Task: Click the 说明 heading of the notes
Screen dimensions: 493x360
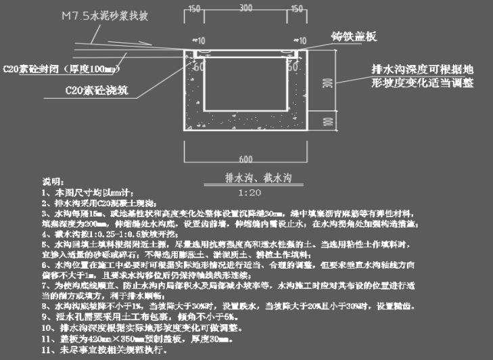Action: coord(51,182)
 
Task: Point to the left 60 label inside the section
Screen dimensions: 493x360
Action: coord(200,66)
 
